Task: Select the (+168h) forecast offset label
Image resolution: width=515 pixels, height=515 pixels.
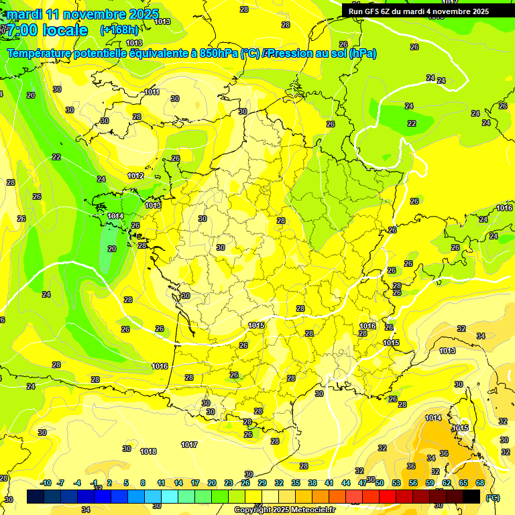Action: coord(119,30)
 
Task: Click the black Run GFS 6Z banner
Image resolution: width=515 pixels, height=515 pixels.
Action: coord(419,11)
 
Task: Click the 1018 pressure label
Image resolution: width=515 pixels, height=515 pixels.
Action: coord(148,451)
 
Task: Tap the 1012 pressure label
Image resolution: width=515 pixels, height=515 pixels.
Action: coord(135,176)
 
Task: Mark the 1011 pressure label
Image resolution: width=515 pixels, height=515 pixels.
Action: coord(152,92)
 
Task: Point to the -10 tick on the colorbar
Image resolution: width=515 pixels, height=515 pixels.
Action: coord(46,483)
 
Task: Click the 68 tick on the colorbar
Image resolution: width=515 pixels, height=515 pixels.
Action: coord(480,483)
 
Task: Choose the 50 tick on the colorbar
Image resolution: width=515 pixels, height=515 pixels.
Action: coord(380,483)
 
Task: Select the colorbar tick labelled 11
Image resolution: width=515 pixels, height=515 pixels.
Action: coord(161,483)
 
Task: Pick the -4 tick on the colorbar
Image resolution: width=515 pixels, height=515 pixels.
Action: coord(77,483)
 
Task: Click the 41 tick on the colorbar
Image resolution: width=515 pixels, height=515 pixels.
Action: coord(329,483)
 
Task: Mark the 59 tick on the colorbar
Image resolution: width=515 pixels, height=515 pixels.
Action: coord(430,483)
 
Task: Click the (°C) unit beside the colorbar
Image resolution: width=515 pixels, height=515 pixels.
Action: coord(493,497)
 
